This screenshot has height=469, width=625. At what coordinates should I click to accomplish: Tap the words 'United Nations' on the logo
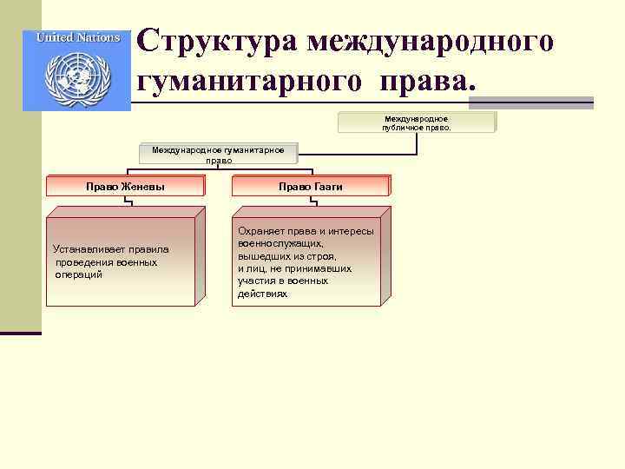tap(77, 38)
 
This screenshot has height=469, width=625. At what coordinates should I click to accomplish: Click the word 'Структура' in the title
tap(213, 40)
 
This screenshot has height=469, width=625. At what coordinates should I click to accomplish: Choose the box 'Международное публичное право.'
tap(417, 122)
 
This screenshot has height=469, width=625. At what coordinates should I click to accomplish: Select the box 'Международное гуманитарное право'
tap(218, 155)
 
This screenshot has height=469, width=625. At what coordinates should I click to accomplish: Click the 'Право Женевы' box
tap(125, 186)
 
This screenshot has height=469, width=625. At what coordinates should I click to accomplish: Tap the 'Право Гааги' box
tap(311, 186)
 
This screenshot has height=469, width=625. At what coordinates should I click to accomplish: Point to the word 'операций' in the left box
tap(79, 274)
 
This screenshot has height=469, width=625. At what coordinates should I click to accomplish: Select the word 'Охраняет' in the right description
tap(260, 232)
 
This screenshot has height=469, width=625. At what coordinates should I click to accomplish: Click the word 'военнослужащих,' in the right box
tap(273, 244)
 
